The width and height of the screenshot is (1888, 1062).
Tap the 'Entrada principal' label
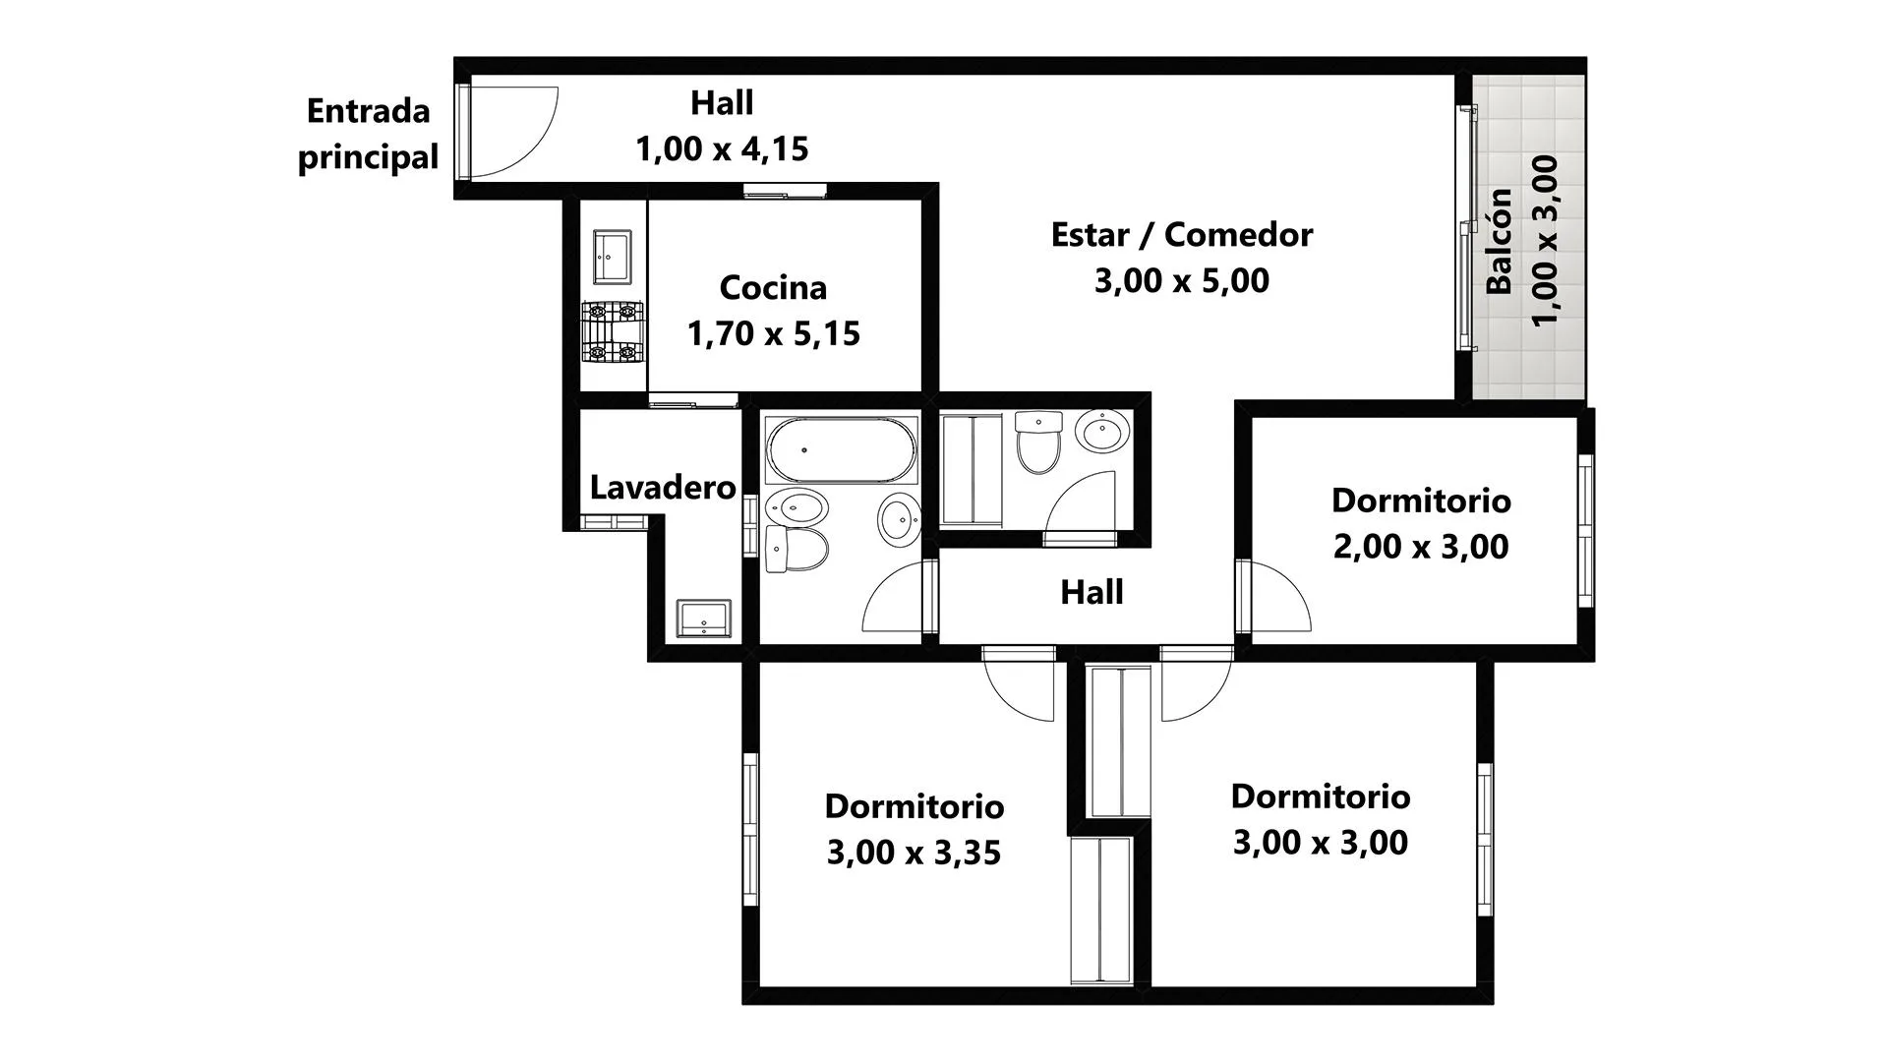pos(369,134)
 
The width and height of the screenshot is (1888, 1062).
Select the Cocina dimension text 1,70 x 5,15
pos(774,333)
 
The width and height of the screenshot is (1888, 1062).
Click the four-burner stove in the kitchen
pos(613,331)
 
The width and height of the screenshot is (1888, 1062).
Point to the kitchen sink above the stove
pos(613,257)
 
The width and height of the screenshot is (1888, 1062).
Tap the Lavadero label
pos(663,487)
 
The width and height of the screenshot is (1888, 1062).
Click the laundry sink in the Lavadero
pos(703,619)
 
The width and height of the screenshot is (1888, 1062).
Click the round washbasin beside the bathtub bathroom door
pos(899,518)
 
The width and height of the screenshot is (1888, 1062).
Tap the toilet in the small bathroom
pos(1038,442)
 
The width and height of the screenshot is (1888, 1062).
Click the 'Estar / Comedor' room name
pos(1181,234)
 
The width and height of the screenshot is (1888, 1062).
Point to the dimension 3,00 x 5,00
pos(1181,280)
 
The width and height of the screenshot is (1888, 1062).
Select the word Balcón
pos(1499,241)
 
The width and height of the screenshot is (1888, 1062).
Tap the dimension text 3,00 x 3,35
pos(914,852)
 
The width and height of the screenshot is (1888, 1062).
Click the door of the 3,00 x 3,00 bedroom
pos(1196,684)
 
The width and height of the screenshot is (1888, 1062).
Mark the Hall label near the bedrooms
pos(1091,592)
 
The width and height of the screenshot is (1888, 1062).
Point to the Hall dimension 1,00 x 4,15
pos(722,148)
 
